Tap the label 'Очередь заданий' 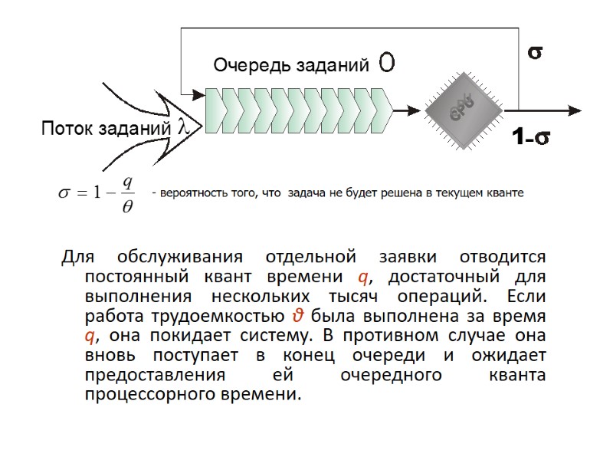tap(290, 66)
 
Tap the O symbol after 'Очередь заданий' tap(387, 64)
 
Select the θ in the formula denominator tap(127, 209)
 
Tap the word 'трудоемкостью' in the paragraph tap(223, 316)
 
